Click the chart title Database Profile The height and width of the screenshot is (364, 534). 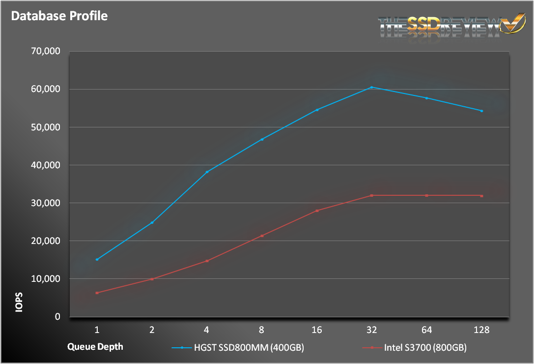(x=59, y=16)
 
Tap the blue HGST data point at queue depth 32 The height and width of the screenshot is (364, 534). (x=372, y=87)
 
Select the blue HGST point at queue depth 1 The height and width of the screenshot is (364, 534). (x=97, y=259)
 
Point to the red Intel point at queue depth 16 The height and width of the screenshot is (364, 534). (x=317, y=211)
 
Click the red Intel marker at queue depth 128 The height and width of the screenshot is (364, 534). (x=482, y=196)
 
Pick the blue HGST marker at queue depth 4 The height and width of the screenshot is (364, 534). (x=207, y=172)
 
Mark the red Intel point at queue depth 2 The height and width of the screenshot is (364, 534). (x=152, y=279)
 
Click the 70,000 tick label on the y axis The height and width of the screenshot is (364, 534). (x=45, y=51)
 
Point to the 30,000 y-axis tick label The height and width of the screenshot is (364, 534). (x=45, y=203)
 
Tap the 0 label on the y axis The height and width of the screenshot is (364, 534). (x=57, y=317)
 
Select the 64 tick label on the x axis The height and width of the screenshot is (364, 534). (x=427, y=329)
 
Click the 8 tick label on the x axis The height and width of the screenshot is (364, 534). (x=262, y=329)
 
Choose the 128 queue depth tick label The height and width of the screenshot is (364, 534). (x=482, y=329)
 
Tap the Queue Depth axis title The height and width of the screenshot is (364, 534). (x=95, y=346)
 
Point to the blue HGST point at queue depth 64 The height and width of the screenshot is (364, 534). (x=427, y=98)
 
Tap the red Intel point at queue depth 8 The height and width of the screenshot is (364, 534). (x=262, y=236)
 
